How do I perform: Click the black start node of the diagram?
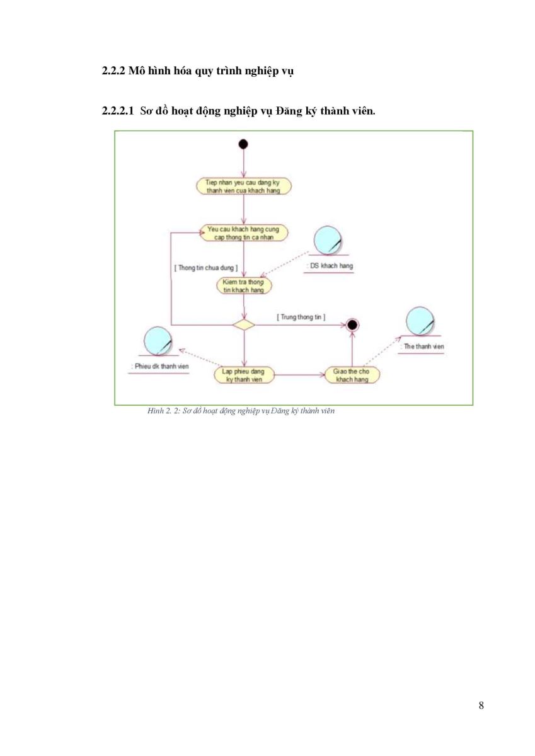243,144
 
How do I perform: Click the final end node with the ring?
352,325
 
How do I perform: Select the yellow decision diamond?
244,325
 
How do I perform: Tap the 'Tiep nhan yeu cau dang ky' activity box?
244,186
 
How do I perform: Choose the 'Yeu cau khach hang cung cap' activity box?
244,233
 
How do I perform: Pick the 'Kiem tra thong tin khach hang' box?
244,286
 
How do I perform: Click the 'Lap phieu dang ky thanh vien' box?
244,375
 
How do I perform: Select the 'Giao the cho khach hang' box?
352,375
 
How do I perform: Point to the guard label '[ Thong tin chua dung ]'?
206,268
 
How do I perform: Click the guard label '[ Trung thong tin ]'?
301,318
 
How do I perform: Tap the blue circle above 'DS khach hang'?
328,240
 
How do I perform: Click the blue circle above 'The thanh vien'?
420,321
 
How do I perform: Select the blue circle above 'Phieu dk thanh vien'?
158,341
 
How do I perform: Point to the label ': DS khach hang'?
330,266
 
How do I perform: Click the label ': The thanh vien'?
422,346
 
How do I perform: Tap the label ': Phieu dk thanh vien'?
159,367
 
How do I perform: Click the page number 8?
481,706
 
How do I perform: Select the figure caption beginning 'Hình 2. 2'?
241,411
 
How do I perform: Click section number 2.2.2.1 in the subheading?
118,111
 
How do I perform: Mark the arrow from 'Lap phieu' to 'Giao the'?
299,375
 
